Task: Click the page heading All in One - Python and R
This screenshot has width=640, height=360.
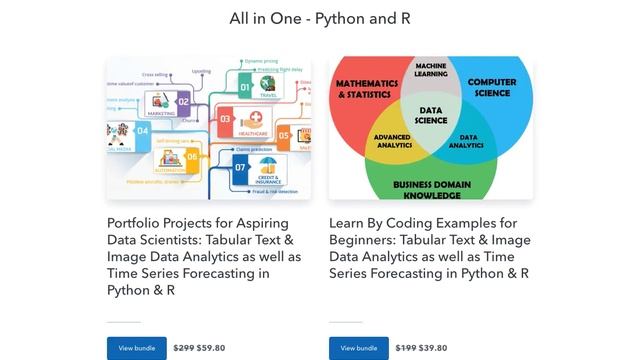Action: [x=320, y=19]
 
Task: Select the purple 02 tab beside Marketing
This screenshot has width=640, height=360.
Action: [x=183, y=100]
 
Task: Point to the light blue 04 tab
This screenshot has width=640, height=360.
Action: [x=142, y=131]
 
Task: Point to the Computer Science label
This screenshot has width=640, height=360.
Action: [x=492, y=89]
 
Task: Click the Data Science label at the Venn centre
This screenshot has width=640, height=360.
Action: [x=431, y=115]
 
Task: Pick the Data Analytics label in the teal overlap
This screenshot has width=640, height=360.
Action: [x=465, y=141]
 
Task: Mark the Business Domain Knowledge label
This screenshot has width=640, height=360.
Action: [x=431, y=189]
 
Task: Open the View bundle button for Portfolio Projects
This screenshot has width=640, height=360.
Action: [x=137, y=348]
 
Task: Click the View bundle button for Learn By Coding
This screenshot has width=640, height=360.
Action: [x=359, y=348]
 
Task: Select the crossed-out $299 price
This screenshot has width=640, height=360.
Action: [x=183, y=348]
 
